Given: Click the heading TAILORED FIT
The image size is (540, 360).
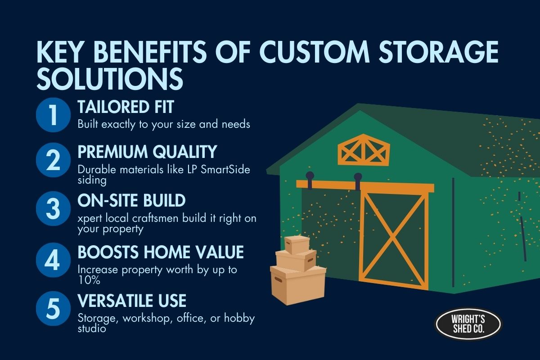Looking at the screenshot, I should click(126, 107).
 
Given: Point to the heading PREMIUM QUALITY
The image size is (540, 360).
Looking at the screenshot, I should click(148, 152).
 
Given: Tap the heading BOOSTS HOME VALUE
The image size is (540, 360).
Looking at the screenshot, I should click(161, 252).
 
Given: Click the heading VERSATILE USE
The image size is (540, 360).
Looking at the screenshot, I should click(132, 300).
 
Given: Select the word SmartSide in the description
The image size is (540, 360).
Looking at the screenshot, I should click(228, 169).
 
